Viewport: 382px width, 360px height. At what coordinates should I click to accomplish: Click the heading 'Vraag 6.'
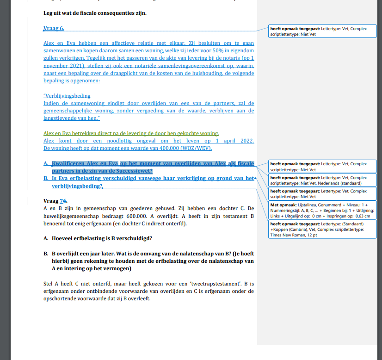coord(54,29)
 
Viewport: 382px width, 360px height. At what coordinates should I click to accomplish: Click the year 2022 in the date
coord(246,141)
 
